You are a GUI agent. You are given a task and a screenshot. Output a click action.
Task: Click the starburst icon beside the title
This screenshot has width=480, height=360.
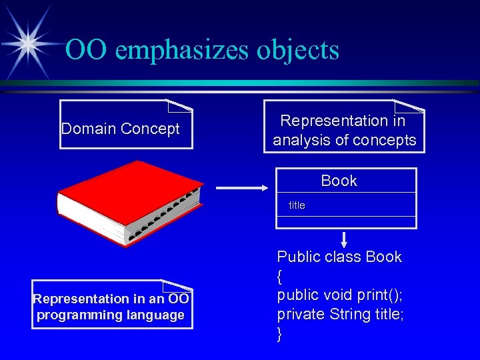tap(27, 41)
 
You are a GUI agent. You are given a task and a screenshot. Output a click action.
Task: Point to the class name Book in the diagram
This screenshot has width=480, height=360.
tap(339, 181)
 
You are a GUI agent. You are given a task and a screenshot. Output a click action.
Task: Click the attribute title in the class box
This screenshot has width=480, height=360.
tap(297, 206)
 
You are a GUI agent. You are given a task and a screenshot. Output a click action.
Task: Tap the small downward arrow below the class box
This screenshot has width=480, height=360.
tap(345, 239)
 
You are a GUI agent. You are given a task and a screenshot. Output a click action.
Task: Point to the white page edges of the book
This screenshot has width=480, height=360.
tap(93, 227)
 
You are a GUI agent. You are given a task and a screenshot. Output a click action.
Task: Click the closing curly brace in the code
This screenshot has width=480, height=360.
tap(280, 333)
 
